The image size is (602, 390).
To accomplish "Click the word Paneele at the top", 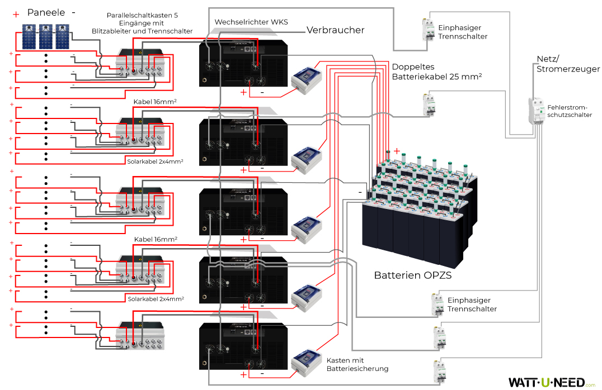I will pyautogui.click(x=46, y=12).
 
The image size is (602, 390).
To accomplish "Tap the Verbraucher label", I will pyautogui.click(x=335, y=30).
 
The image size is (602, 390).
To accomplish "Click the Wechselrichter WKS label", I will pyautogui.click(x=251, y=22).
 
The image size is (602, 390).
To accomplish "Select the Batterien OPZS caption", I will pyautogui.click(x=412, y=275).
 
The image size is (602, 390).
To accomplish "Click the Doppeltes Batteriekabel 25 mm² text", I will pyautogui.click(x=437, y=70).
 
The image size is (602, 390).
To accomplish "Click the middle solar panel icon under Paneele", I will pyautogui.click(x=45, y=36).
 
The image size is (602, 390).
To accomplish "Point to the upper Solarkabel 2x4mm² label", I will pyautogui.click(x=156, y=161).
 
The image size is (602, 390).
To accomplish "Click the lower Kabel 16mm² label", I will pyautogui.click(x=156, y=239).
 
